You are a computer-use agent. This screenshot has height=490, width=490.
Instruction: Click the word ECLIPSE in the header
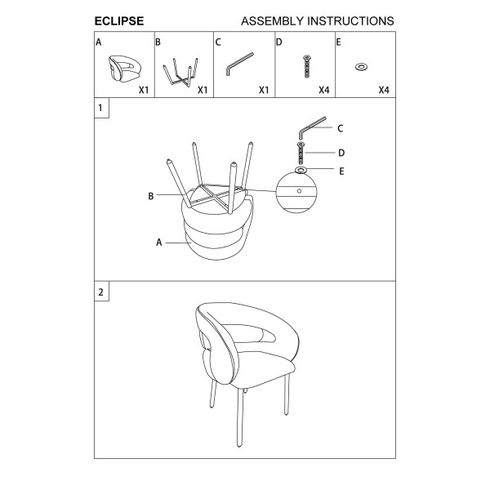pos(119,21)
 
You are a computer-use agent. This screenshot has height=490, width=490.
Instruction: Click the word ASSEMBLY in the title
pos(272,21)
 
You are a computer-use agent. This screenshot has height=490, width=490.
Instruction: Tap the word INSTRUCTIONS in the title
pos(350,21)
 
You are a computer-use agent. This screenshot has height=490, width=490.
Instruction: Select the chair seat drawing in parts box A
pos(125,68)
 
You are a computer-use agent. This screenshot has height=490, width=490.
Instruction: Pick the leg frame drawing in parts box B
pos(180,72)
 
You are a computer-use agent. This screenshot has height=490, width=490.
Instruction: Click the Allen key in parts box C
pos(239,64)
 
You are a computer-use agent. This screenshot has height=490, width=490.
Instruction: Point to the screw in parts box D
pos(307,66)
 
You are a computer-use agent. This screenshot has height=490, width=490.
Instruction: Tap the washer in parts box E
pos(361,67)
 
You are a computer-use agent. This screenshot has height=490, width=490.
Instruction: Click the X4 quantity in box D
pos(324,90)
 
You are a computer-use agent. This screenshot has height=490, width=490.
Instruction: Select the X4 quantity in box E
pos(384,90)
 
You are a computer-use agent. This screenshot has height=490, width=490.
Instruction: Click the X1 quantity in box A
pos(144,90)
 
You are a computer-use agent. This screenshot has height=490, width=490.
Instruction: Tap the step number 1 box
pos(101,108)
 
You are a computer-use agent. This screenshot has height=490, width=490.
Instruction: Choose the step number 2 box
pos(101,292)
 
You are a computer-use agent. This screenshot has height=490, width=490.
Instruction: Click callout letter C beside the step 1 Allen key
pos(341,128)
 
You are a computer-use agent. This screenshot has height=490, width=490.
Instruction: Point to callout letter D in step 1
pos(341,153)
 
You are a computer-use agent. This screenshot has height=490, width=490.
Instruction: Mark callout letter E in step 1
pos(341,171)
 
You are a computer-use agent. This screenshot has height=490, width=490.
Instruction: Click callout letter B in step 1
pos(151,196)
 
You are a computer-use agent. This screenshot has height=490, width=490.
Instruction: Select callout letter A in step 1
pos(159,243)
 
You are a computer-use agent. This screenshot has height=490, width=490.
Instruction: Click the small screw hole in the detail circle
pos(300,191)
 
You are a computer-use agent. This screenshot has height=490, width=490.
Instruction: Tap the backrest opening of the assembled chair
pos(250,333)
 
